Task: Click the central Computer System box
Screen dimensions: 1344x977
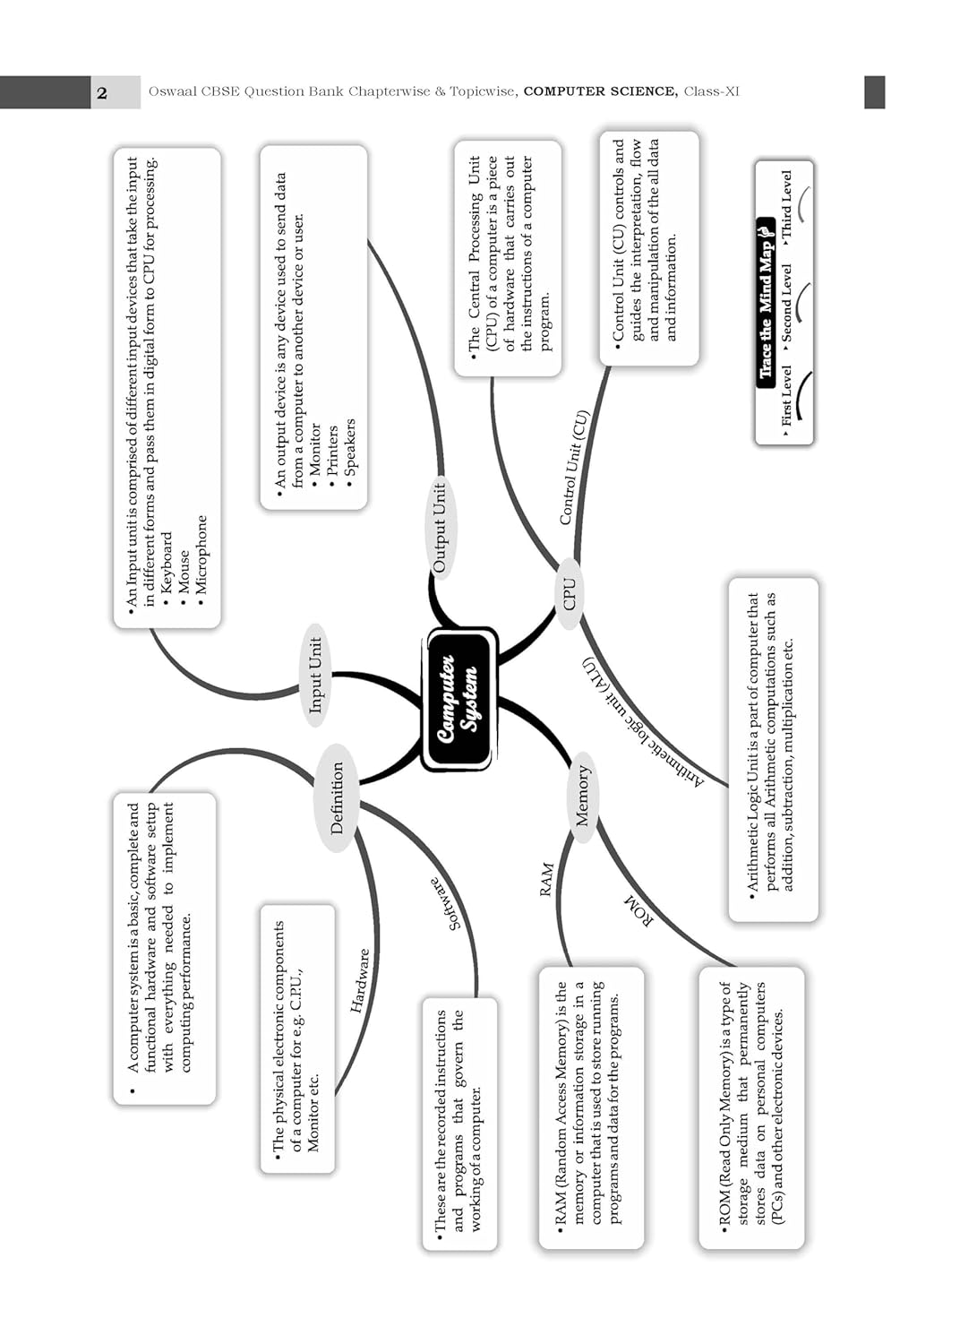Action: (459, 699)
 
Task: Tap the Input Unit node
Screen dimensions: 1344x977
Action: (315, 675)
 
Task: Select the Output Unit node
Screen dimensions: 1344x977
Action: (439, 528)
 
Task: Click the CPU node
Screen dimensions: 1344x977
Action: (570, 593)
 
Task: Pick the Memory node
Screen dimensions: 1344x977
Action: (582, 796)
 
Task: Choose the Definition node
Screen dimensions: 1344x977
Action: (337, 797)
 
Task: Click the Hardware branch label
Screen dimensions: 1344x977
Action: (360, 980)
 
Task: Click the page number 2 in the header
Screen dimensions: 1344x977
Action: (102, 92)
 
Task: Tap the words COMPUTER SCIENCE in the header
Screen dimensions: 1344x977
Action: (600, 91)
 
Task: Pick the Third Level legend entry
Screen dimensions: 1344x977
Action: (786, 206)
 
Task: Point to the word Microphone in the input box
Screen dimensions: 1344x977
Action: (201, 555)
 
